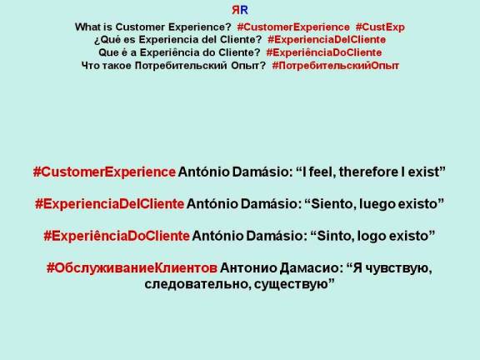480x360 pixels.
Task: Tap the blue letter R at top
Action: [243, 11]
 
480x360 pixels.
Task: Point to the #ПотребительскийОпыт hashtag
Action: [336, 64]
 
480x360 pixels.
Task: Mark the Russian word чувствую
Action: [387, 268]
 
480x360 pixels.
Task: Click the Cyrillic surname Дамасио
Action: [310, 268]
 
